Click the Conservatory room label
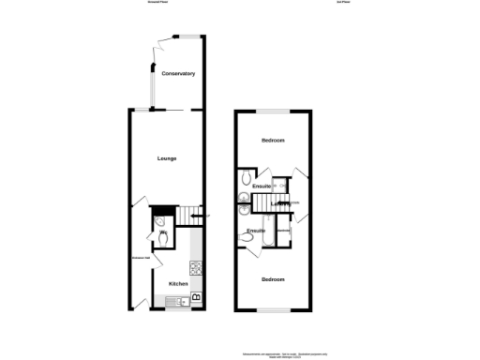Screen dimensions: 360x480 coord(177,73)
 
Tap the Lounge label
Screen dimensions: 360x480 coord(167,157)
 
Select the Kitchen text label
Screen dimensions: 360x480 coord(178,283)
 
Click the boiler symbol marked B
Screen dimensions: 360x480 coord(196,298)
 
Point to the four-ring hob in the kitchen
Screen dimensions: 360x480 coord(196,265)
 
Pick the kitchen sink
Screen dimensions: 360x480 coord(175,300)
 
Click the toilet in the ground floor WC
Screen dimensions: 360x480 coord(163,239)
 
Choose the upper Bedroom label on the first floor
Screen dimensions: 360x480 coord(273,140)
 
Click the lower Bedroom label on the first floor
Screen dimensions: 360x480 coord(273,279)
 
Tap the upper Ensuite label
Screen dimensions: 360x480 coord(262,187)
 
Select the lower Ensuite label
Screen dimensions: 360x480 coord(256,230)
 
